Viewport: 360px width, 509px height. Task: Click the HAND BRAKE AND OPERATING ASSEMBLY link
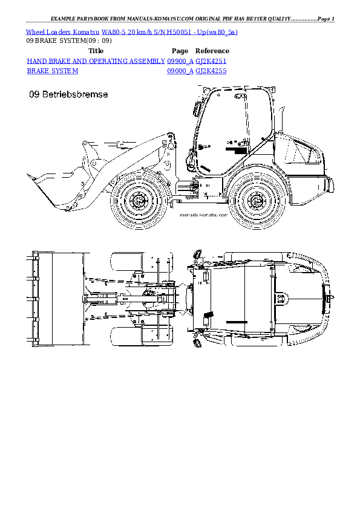[96, 61]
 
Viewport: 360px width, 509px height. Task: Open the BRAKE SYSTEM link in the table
[53, 71]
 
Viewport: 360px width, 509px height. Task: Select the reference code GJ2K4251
[211, 61]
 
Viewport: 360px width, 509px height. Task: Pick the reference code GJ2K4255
[211, 71]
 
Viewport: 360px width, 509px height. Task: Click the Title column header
[96, 51]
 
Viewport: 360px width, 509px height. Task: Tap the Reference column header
[212, 51]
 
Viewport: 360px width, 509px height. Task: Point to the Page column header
[180, 51]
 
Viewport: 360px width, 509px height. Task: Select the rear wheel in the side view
[254, 199]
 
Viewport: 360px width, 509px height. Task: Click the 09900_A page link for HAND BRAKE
[180, 61]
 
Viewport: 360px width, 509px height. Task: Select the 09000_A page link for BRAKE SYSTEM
[180, 71]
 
